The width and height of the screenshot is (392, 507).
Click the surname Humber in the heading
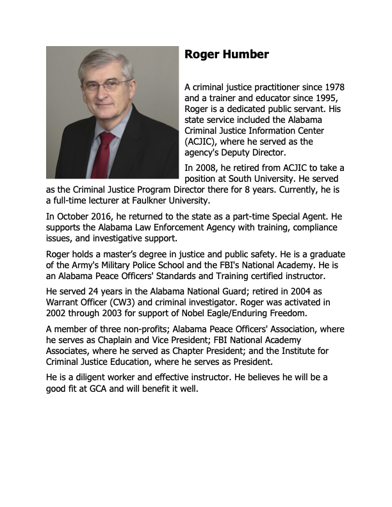tap(245, 54)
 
